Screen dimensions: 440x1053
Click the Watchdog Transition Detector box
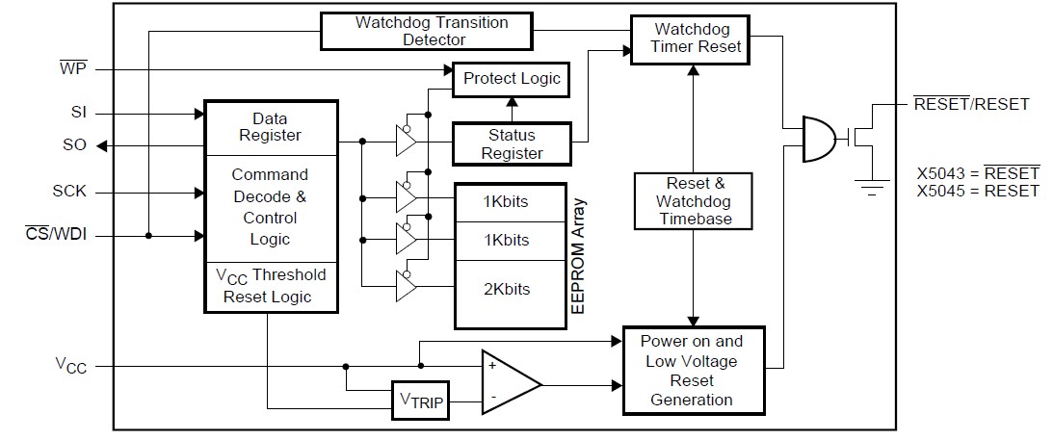[426, 31]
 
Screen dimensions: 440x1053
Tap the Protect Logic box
[511, 79]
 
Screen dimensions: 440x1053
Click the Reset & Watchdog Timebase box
[694, 201]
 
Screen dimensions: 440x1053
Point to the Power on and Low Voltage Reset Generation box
[693, 370]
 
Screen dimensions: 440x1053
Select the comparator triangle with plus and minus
[508, 383]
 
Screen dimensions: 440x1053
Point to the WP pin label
[73, 69]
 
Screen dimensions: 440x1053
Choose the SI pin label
[78, 113]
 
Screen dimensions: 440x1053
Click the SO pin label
[75, 145]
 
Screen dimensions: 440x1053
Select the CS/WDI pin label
[56, 235]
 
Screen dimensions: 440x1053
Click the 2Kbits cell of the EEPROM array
[506, 289]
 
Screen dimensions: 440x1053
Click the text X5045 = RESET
[978, 191]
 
